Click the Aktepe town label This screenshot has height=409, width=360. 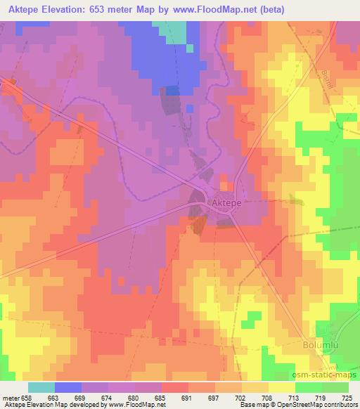coord(226,201)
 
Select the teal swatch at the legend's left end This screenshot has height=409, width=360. coord(41,387)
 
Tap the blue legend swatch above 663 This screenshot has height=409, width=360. coord(68,387)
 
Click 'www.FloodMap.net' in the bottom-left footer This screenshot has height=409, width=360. coord(132,405)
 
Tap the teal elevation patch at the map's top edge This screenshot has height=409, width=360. coord(177,32)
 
